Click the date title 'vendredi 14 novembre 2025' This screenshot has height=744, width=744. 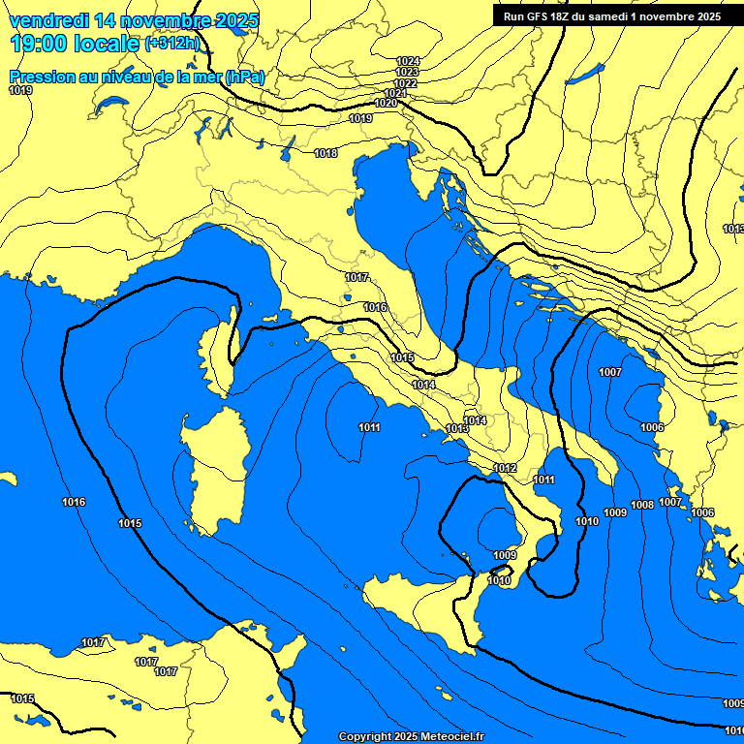click(x=133, y=20)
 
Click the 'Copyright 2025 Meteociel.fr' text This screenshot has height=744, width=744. click(x=411, y=736)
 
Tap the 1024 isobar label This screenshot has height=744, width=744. click(x=408, y=61)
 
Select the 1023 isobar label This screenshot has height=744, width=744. click(x=407, y=72)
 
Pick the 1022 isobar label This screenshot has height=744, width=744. click(x=405, y=83)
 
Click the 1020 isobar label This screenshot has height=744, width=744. click(x=385, y=103)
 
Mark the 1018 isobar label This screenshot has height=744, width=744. click(x=325, y=153)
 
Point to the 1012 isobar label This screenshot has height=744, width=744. click(x=504, y=468)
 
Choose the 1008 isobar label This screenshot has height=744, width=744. click(x=641, y=505)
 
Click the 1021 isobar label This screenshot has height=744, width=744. click(x=395, y=93)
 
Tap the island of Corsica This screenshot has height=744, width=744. click(x=220, y=351)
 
